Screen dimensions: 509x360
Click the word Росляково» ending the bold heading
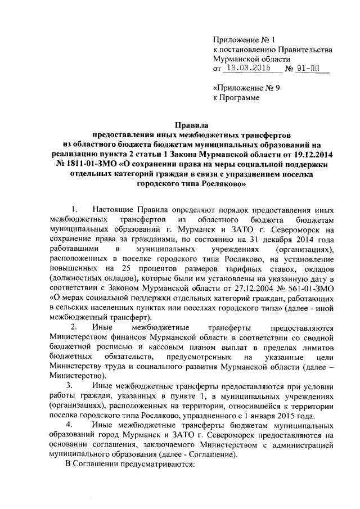tap(221, 182)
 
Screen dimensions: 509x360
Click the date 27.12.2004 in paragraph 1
tap(250, 289)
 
